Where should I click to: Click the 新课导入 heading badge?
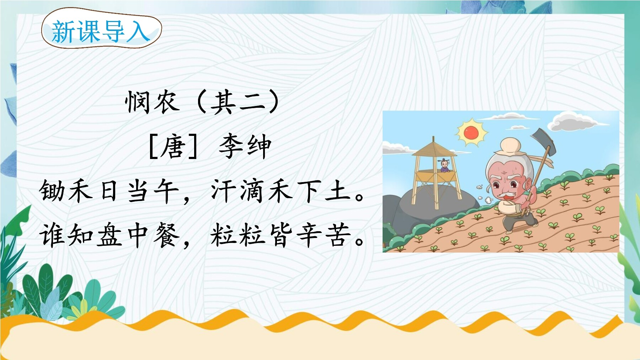coord(101,31)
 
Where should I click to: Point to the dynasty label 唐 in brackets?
coord(173,147)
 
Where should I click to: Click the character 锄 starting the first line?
coord(52,191)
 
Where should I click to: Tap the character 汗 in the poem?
coord(224,191)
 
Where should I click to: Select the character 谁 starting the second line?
coord(52,235)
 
